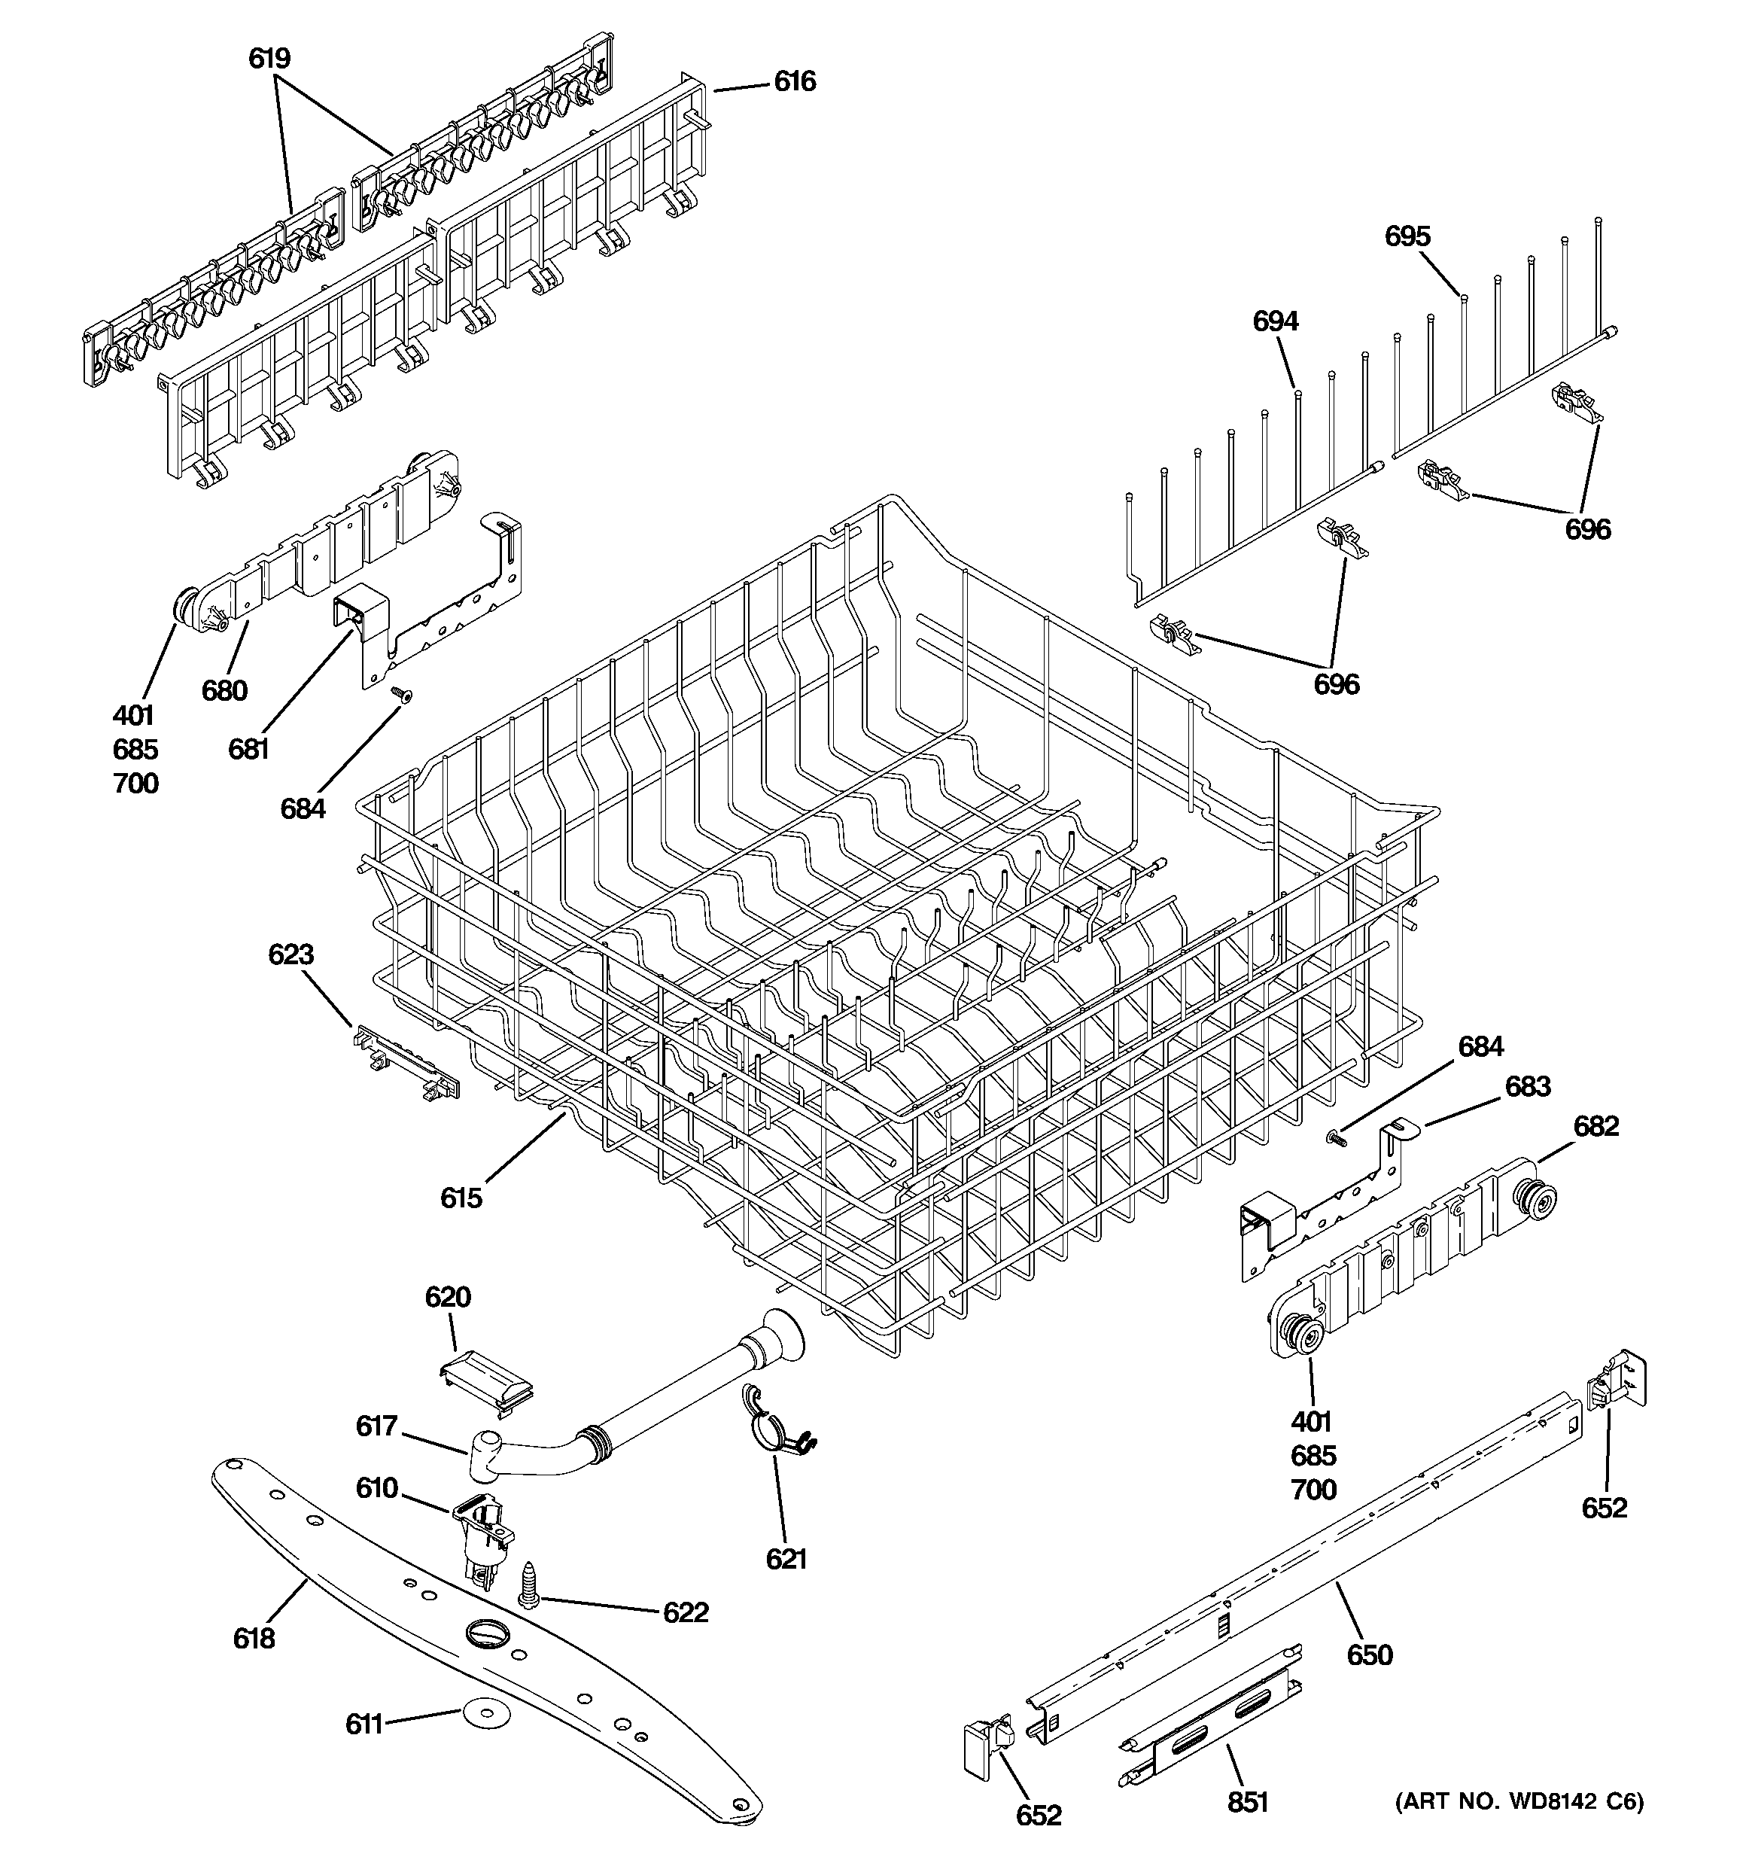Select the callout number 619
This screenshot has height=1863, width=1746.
click(269, 58)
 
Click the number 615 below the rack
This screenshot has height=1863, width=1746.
click(461, 1198)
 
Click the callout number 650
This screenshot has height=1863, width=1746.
click(1369, 1655)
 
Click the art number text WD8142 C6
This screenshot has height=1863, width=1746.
click(1518, 1801)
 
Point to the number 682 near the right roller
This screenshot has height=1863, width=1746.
click(1596, 1125)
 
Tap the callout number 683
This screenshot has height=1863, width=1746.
click(1528, 1086)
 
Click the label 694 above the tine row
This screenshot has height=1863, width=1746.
click(1276, 321)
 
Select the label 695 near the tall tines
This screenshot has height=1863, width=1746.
click(1407, 236)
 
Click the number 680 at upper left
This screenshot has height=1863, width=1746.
click(224, 691)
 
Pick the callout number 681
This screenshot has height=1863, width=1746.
click(248, 749)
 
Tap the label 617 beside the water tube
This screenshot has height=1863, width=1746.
click(377, 1426)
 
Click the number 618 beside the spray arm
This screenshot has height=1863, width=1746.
click(254, 1638)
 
